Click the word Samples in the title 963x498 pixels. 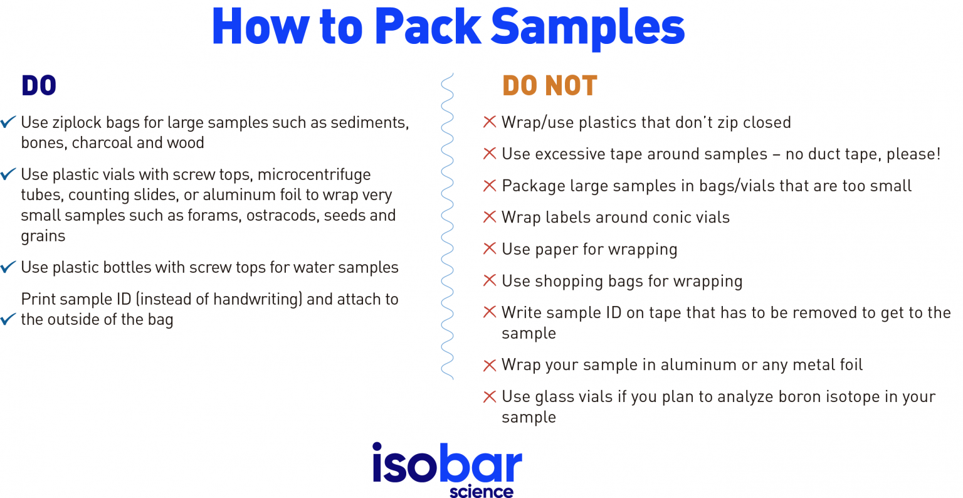click(x=587, y=28)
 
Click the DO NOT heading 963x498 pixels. click(x=549, y=86)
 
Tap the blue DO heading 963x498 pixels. click(x=39, y=86)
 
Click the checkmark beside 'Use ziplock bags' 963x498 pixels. click(x=8, y=122)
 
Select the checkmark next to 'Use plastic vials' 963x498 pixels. click(x=8, y=174)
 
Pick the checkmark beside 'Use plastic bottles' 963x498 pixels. click(x=8, y=267)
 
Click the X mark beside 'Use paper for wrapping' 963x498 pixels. click(x=490, y=249)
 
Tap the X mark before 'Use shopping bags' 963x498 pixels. click(x=490, y=280)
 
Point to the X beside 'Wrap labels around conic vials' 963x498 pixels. click(x=490, y=217)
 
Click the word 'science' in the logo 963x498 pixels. click(x=481, y=491)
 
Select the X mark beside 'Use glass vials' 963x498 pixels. click(x=490, y=396)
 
